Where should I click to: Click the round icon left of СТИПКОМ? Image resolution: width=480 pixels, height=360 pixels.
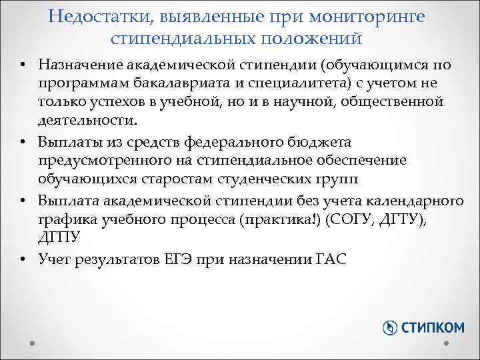pos(391,327)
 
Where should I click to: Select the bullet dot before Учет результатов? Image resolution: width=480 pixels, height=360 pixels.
pos(23,259)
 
